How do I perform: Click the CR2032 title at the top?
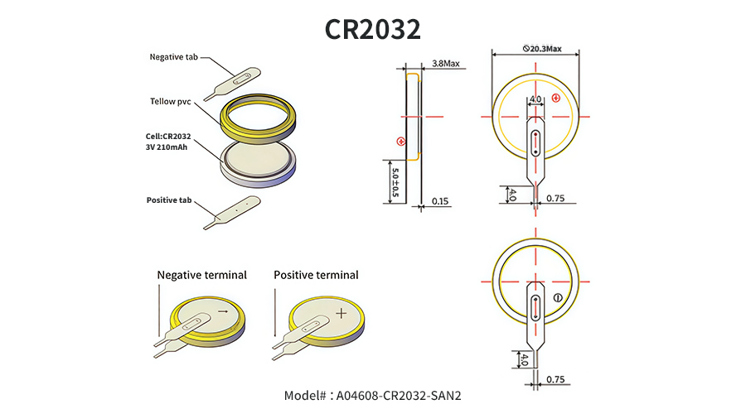click(x=372, y=28)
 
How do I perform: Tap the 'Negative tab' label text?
click(x=174, y=57)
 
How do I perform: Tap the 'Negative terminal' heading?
click(x=201, y=275)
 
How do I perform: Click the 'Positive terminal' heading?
click(x=316, y=275)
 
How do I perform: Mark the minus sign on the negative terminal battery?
click(x=221, y=311)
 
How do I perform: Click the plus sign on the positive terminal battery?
click(x=341, y=313)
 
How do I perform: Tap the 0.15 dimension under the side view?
click(x=440, y=201)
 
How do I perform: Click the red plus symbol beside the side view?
click(x=401, y=141)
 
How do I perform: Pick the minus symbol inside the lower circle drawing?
click(x=558, y=297)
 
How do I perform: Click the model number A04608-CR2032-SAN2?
click(x=372, y=395)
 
